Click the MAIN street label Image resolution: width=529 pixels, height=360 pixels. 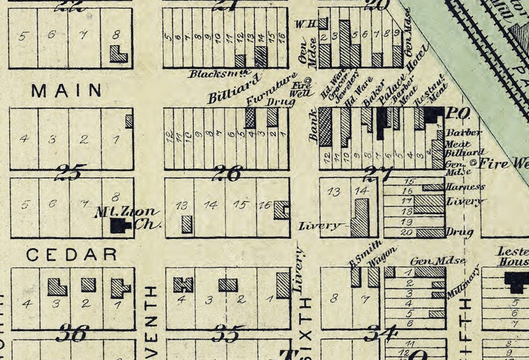pyautogui.click(x=67, y=90)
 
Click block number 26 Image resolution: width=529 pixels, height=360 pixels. pyautogui.click(x=227, y=175)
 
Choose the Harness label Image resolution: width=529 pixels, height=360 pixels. pyautogui.click(x=466, y=187)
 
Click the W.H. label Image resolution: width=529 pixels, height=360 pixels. pyautogui.click(x=304, y=24)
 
